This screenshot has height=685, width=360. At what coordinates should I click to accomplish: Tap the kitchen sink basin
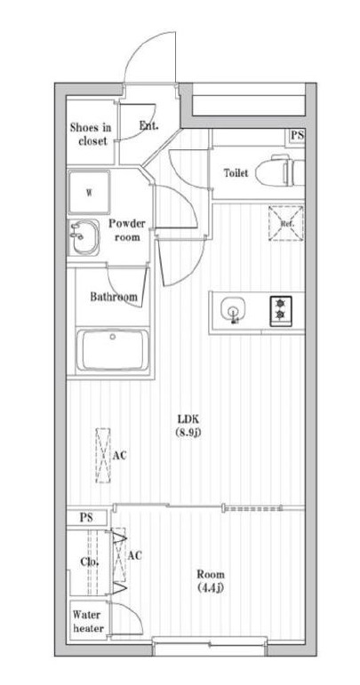click(x=233, y=310)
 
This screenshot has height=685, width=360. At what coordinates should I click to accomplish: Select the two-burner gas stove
click(x=280, y=311)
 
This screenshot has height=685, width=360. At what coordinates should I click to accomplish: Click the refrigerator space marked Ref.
click(x=285, y=223)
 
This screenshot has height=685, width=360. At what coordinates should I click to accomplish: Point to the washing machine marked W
click(x=89, y=192)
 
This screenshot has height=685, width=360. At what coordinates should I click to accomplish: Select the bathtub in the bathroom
click(x=113, y=349)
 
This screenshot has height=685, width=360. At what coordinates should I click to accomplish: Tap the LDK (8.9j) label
click(x=188, y=426)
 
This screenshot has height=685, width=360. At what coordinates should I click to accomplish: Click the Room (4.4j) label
click(x=210, y=580)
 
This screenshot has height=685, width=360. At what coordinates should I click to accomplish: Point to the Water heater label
click(x=88, y=621)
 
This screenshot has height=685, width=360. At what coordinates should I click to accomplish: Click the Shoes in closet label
click(x=91, y=134)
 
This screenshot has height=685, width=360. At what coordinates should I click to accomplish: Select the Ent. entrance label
click(x=148, y=125)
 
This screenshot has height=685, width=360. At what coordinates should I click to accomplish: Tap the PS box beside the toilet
click(x=297, y=135)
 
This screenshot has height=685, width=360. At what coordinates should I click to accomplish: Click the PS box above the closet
click(x=86, y=518)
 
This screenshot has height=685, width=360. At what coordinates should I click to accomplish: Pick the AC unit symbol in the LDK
click(x=103, y=455)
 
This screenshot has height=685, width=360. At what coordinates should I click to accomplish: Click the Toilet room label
click(x=236, y=172)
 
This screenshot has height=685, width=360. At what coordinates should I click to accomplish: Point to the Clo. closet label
click(x=89, y=562)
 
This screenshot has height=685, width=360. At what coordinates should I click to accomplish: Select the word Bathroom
click(x=113, y=297)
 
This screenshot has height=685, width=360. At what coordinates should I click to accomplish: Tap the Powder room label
click(x=127, y=230)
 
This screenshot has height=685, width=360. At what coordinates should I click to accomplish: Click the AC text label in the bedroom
click(x=135, y=555)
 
